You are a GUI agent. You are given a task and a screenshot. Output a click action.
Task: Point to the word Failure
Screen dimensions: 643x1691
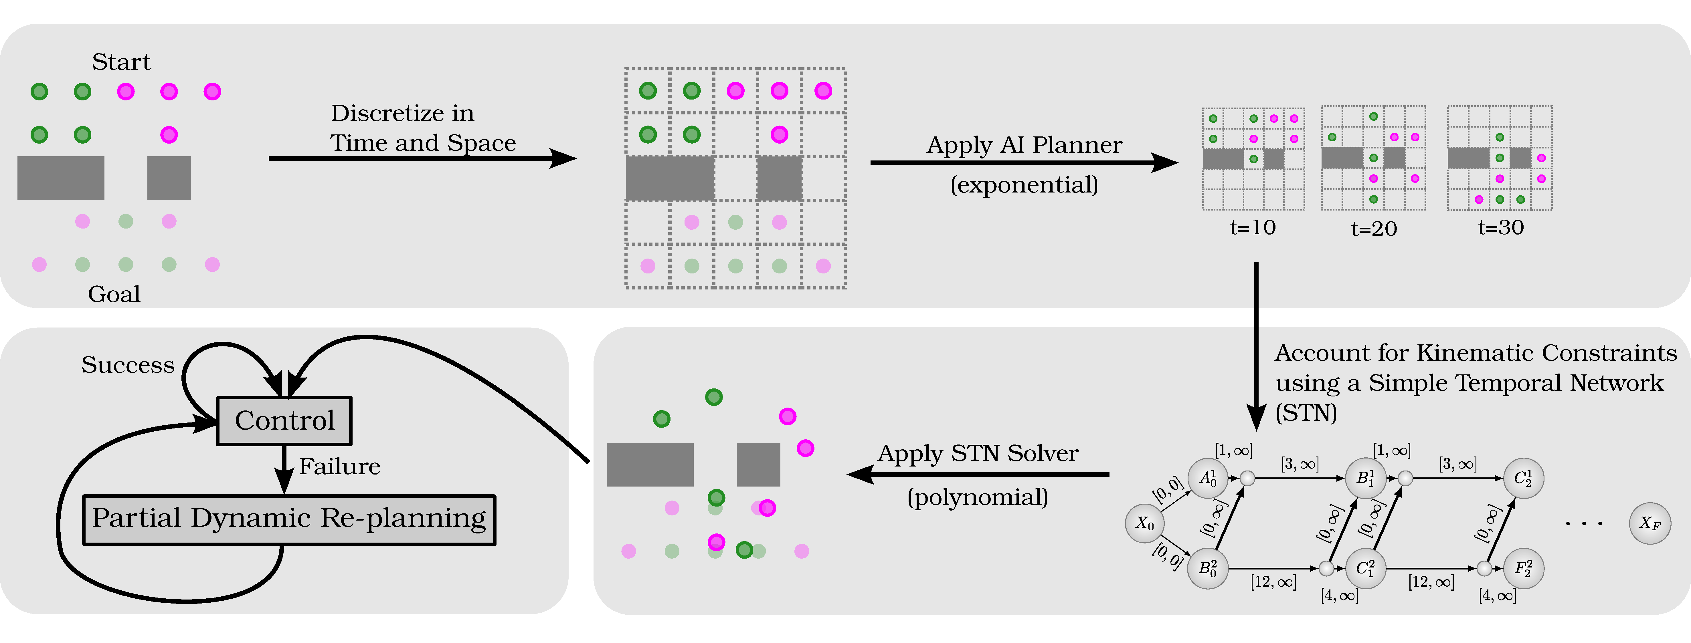pyautogui.click(x=339, y=467)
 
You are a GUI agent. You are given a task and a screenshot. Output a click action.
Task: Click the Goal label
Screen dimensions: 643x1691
pyautogui.click(x=114, y=294)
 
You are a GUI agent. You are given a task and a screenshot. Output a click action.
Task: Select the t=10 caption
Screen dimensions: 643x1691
pyautogui.click(x=1253, y=228)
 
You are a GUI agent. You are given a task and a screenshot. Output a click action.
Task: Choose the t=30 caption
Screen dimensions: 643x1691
pyautogui.click(x=1501, y=228)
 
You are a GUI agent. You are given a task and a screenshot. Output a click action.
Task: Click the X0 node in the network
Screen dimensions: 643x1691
pyautogui.click(x=1145, y=523)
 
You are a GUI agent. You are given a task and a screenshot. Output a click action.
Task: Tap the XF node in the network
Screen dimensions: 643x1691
pyautogui.click(x=1650, y=523)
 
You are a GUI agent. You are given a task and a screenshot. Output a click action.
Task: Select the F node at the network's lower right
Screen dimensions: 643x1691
pyautogui.click(x=1523, y=568)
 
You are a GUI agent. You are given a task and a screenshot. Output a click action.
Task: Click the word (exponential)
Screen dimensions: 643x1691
pyautogui.click(x=1024, y=185)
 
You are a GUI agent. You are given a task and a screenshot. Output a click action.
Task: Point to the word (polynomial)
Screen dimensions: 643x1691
pyautogui.click(x=978, y=497)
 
